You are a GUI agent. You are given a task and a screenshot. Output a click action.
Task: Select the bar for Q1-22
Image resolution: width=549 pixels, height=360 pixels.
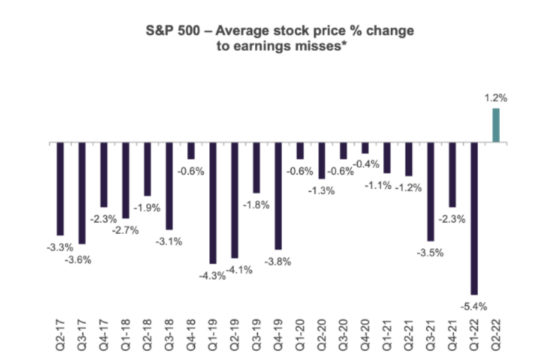(473, 219)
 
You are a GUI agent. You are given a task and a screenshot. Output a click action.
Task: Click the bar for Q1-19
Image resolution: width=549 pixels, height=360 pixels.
(213, 203)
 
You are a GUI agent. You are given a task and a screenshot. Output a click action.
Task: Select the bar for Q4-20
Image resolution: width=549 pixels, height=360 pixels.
(365, 147)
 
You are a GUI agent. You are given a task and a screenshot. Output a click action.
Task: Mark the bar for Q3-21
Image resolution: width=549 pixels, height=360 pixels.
(430, 191)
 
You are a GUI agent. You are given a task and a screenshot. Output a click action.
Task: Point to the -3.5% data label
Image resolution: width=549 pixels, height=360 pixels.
(430, 253)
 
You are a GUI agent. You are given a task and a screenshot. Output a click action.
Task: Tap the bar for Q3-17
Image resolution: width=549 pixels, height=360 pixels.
(82, 193)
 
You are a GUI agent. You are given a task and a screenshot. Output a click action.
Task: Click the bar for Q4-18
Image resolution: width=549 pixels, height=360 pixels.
(191, 150)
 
